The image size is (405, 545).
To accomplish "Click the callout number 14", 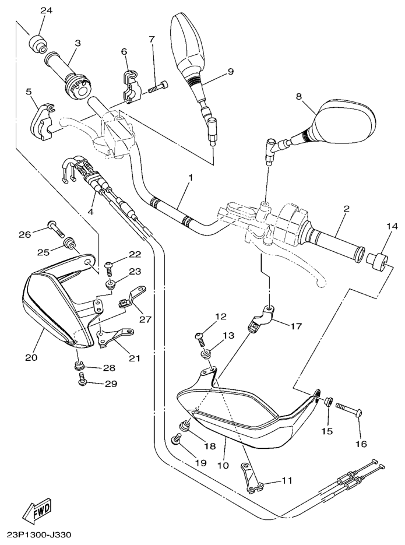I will (390, 225).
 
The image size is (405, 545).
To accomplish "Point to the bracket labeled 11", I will (251, 479).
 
